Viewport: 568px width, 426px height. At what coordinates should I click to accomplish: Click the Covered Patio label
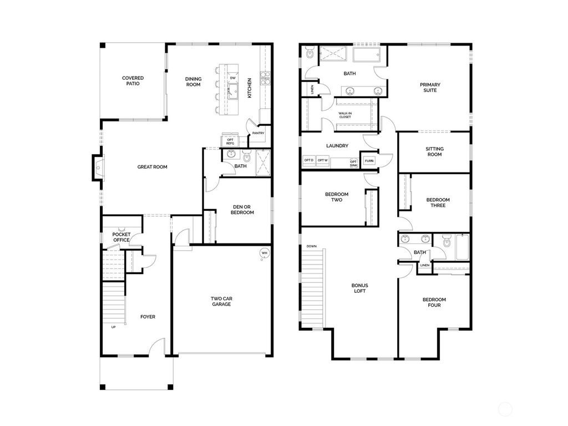click(x=133, y=81)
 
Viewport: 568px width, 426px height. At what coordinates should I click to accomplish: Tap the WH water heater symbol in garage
click(x=264, y=253)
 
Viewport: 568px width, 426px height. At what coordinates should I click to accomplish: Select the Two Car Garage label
click(x=221, y=301)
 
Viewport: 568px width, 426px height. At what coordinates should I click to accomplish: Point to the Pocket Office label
click(x=121, y=237)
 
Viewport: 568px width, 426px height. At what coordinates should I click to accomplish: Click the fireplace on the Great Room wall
click(x=98, y=166)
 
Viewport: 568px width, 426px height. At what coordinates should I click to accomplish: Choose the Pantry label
click(x=258, y=133)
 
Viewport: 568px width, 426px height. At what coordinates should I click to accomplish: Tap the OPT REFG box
click(x=230, y=141)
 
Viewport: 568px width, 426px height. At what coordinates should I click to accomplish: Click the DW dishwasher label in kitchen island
click(x=233, y=78)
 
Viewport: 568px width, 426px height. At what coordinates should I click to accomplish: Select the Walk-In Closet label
click(x=345, y=115)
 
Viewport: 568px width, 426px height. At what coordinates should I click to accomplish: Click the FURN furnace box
click(x=369, y=161)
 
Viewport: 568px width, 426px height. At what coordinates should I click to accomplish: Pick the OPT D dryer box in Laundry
click(x=308, y=160)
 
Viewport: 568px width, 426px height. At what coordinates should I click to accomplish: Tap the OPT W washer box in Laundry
click(x=323, y=160)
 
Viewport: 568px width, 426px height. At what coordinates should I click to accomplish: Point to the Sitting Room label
click(x=434, y=151)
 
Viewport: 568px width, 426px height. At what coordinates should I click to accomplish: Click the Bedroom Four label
click(x=434, y=302)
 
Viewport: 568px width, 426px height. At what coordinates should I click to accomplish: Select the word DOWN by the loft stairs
click(x=311, y=246)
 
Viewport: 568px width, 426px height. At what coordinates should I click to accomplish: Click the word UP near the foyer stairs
click(x=114, y=327)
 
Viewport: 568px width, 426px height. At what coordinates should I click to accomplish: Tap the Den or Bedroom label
click(x=242, y=210)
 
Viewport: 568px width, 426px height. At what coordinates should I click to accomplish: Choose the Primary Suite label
click(x=430, y=87)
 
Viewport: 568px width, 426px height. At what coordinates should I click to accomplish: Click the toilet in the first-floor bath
click(x=247, y=158)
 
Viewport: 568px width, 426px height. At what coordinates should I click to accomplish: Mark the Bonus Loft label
click(x=359, y=288)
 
